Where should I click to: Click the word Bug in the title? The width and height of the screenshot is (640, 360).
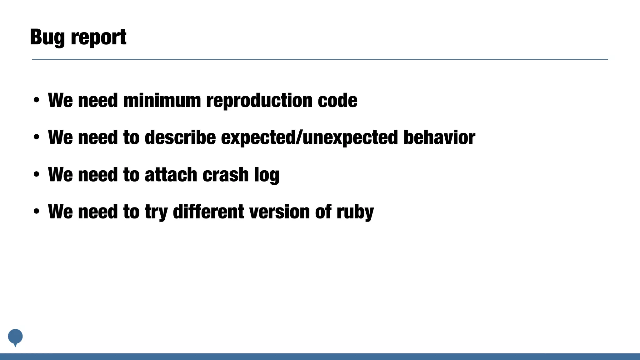pos(47,37)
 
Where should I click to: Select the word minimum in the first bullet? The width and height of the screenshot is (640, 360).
pos(162,101)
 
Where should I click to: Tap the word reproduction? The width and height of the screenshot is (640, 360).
pos(259,101)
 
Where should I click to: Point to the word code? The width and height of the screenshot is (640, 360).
pos(337,101)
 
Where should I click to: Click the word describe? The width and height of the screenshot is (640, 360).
pos(180,137)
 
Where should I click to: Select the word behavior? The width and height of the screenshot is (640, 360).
pos(439,137)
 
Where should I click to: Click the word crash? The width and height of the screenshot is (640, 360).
pos(225,175)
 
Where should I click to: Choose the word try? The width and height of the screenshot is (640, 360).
pos(156,212)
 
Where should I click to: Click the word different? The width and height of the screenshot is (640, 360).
pos(208,212)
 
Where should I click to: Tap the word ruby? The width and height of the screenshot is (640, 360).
pos(355,212)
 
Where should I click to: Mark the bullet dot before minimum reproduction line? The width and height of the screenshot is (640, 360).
pos(37,101)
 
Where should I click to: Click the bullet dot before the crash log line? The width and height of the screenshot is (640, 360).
pos(37,175)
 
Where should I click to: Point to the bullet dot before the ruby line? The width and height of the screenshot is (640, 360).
pos(37,212)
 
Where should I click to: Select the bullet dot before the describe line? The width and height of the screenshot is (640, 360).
pos(37,137)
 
